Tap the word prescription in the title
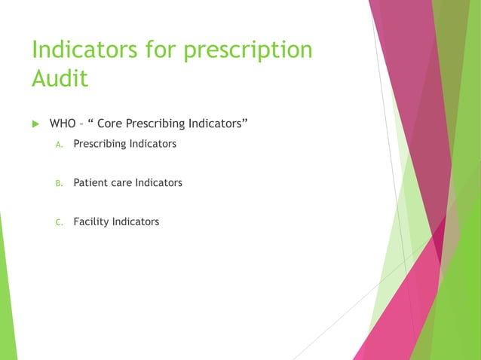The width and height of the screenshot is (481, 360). (x=244, y=50)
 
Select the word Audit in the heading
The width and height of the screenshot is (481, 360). (x=60, y=78)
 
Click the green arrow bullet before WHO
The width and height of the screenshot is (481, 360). (x=35, y=123)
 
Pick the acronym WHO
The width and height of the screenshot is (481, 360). (x=63, y=123)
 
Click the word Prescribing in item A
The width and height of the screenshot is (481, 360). (x=99, y=143)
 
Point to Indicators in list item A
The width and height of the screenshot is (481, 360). (x=152, y=143)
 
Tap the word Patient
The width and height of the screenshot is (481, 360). (x=90, y=182)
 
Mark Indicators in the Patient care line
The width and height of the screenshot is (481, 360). (x=158, y=182)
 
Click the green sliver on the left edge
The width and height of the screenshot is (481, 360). (x=7, y=301)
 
